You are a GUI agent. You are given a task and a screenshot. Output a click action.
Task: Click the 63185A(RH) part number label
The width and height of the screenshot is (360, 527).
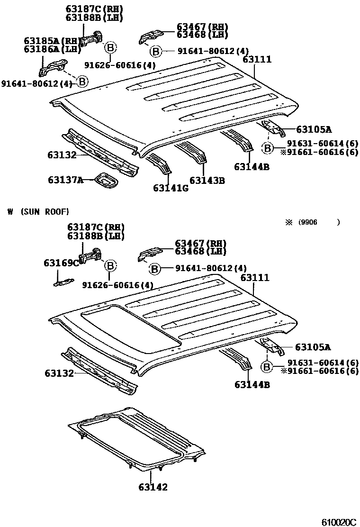(x=46, y=41)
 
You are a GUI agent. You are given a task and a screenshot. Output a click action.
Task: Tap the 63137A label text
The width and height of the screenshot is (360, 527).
(x=65, y=180)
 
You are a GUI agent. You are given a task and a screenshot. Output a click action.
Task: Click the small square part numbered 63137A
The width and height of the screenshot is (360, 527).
(x=107, y=180)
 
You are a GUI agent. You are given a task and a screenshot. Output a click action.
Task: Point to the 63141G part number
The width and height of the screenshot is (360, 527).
(x=171, y=188)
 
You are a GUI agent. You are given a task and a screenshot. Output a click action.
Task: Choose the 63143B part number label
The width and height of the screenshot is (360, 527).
(x=207, y=181)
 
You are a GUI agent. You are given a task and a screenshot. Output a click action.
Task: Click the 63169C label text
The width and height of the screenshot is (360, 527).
(x=61, y=263)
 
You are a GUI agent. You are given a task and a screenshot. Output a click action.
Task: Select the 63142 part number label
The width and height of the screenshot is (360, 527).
(x=153, y=487)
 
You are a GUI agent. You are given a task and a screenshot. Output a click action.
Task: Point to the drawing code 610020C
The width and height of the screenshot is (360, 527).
(x=338, y=522)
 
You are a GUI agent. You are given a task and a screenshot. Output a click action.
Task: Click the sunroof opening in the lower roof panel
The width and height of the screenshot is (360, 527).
(x=130, y=327)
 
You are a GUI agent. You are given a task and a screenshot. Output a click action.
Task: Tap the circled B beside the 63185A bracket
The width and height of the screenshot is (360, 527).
(x=82, y=82)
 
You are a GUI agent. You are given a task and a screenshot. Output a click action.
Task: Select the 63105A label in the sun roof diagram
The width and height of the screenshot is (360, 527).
(x=313, y=347)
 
